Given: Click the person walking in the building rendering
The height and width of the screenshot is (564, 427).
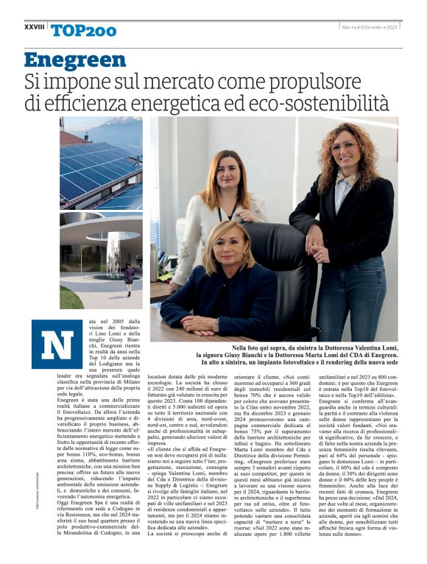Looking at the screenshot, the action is pyautogui.click(x=130, y=278).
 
